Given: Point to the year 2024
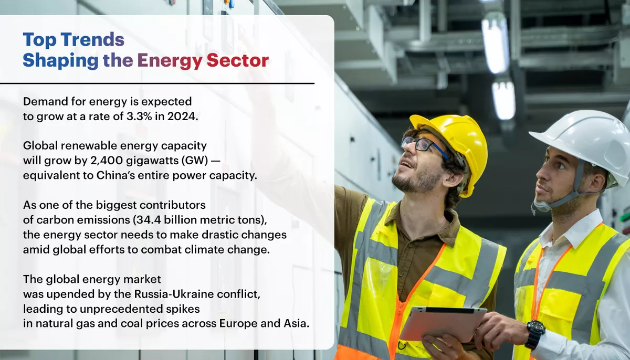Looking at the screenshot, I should (184, 117).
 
